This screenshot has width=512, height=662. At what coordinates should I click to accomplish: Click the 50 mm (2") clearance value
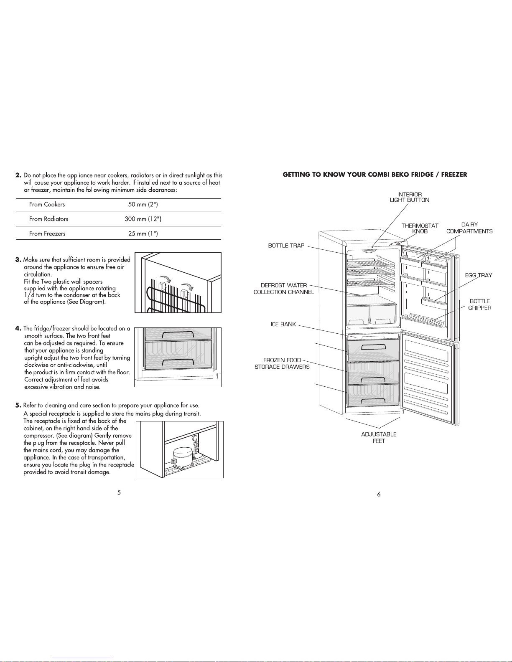[143, 204]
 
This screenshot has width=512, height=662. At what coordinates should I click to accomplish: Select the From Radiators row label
[49, 219]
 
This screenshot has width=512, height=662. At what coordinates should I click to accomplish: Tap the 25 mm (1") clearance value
[143, 233]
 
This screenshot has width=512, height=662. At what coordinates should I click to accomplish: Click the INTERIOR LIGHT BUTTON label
[409, 197]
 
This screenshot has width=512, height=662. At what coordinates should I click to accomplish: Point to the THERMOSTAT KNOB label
[420, 228]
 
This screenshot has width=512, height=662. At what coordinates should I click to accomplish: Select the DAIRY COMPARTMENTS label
[469, 228]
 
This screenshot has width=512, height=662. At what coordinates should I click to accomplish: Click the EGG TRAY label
[479, 275]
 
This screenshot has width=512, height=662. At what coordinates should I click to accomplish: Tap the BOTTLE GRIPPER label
[480, 304]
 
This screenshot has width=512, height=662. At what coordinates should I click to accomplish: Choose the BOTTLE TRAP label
[286, 246]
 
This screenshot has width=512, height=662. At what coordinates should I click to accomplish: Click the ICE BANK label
[283, 325]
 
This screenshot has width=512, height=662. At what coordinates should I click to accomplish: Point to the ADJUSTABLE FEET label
[379, 438]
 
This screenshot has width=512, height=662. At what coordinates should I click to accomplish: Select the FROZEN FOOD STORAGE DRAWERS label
[282, 363]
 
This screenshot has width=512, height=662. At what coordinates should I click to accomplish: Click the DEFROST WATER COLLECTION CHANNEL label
[284, 289]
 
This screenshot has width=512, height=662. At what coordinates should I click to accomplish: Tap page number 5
[119, 492]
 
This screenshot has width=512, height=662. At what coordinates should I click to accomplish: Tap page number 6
[379, 495]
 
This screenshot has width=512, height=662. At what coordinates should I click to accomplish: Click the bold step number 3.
[18, 259]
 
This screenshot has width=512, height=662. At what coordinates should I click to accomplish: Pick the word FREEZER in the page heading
[454, 175]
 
